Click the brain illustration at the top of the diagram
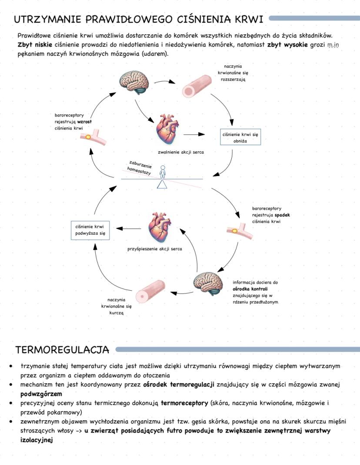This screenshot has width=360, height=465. click(135, 82)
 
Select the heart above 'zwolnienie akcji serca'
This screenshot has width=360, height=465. click(168, 130)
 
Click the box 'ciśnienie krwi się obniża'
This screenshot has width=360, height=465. click(240, 137)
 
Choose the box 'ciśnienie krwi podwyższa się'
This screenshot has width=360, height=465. click(90, 230)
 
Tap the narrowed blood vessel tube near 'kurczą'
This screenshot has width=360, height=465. click(150, 292)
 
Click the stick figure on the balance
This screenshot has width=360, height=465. click(163, 172)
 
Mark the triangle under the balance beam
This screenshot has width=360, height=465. click(162, 184)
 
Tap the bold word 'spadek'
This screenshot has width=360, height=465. click(282, 215)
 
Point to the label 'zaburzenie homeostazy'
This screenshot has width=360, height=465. click(140, 167)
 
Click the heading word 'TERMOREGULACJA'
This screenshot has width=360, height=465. click(62, 350)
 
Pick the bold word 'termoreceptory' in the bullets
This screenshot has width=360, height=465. click(184, 403)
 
